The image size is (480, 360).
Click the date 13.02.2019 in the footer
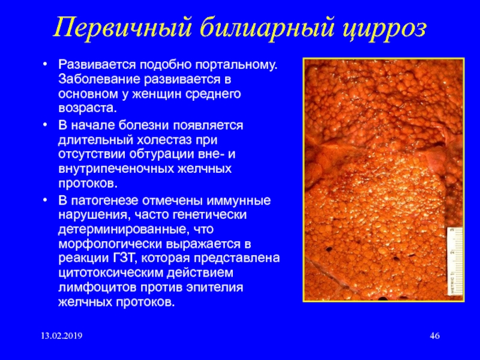(x=62, y=336)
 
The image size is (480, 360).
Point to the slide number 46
(x=434, y=336)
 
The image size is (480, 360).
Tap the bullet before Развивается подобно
(x=45, y=65)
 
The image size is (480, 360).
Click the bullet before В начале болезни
(x=45, y=125)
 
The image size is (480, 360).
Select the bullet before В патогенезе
(x=45, y=200)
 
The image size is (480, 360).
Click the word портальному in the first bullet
(x=236, y=65)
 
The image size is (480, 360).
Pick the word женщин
(x=157, y=94)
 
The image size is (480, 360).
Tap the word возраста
(x=88, y=109)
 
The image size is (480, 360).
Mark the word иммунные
(x=239, y=201)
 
